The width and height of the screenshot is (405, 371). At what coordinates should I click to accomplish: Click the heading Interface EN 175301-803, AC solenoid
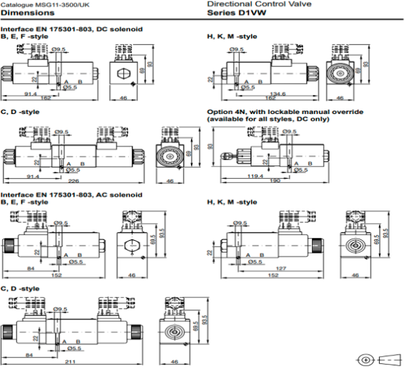tap(72, 194)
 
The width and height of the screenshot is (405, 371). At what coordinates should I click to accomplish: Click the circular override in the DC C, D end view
tap(169, 157)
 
